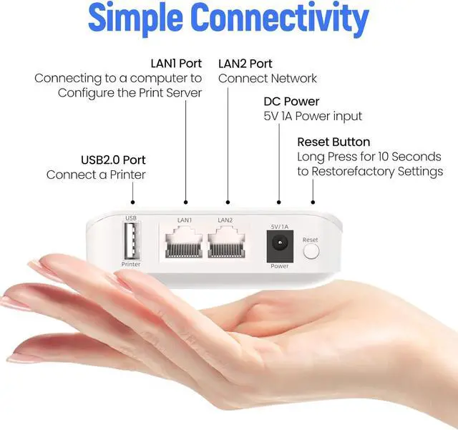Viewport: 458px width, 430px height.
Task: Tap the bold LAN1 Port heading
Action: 176,63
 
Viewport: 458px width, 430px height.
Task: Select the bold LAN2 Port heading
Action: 245,63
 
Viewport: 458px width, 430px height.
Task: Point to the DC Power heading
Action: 292,102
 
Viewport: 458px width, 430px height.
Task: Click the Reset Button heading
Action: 333,142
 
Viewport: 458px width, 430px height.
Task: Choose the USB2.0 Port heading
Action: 113,160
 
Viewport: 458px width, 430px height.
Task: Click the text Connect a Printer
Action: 96,175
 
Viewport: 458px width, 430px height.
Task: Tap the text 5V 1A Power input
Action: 313,116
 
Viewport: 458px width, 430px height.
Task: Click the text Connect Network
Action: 267,78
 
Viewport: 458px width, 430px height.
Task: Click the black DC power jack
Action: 278,247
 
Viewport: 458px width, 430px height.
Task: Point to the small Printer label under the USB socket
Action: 131,265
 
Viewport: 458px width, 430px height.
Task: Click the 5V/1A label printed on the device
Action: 278,227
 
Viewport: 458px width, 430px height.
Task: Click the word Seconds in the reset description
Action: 413,157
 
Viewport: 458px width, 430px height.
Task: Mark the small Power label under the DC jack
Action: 279,266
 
